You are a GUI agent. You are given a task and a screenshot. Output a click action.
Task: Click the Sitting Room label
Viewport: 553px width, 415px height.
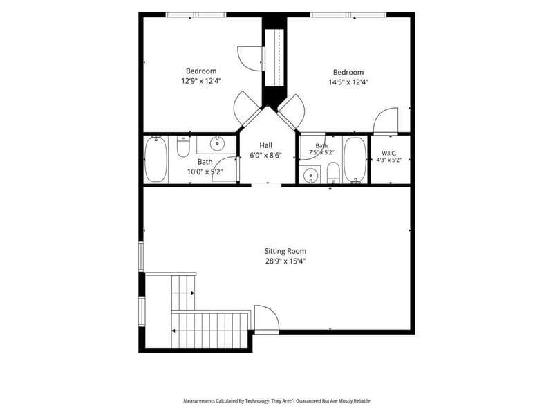click(285, 251)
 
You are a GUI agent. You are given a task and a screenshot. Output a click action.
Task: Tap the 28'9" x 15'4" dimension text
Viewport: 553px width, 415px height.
click(285, 261)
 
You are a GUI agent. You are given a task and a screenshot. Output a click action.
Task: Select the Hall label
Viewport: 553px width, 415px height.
click(265, 145)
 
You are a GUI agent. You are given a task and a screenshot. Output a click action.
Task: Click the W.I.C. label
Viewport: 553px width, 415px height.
click(389, 154)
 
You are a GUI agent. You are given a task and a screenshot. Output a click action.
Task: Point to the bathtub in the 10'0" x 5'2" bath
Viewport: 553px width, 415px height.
click(156, 159)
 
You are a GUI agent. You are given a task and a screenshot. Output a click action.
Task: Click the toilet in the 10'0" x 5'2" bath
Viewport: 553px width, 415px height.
click(183, 146)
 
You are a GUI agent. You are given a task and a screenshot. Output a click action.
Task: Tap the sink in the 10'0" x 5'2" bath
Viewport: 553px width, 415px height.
click(217, 143)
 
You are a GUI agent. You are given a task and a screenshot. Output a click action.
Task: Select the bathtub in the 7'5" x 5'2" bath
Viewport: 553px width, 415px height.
click(355, 160)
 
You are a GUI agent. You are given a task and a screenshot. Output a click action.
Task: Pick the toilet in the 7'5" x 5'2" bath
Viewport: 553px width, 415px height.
click(333, 173)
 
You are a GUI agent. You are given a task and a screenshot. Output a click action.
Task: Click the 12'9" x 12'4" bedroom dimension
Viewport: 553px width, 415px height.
click(201, 81)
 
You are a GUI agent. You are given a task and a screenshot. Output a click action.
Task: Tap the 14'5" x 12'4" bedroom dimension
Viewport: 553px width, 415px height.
click(348, 82)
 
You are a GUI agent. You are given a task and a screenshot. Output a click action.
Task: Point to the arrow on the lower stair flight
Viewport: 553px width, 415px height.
click(174, 331)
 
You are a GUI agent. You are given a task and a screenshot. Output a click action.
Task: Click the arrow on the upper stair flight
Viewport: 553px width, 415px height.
click(192, 293)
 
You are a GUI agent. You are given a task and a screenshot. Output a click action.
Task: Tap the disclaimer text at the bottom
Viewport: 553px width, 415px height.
click(276, 401)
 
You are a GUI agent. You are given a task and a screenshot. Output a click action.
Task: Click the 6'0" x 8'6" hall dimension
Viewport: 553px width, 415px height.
click(265, 155)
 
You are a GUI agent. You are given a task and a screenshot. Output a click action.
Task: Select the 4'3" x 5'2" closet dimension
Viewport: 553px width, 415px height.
click(389, 160)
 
